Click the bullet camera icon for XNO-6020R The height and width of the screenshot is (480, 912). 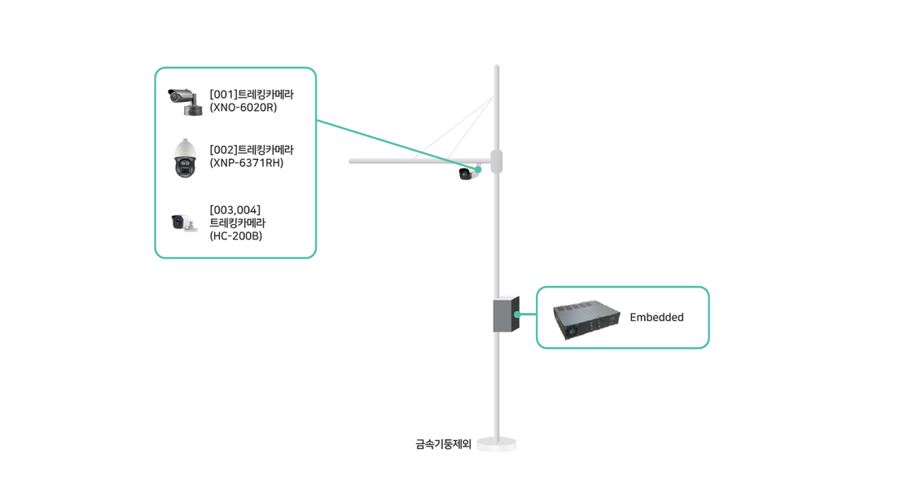(183, 101)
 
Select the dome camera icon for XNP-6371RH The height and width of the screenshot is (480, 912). (185, 158)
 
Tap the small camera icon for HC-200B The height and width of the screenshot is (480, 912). (183, 222)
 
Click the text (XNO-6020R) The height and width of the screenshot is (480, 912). (243, 108)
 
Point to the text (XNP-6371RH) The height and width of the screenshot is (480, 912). (246, 163)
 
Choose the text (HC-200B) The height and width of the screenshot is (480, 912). (235, 236)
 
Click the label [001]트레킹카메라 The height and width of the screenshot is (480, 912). (251, 95)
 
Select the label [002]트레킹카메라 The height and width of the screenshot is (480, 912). (251, 150)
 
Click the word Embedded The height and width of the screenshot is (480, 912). (656, 318)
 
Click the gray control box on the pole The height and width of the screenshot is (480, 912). (506, 315)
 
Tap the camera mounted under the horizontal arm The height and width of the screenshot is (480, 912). (467, 173)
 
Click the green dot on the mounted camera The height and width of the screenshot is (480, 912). (478, 170)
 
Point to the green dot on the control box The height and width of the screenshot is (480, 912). (517, 315)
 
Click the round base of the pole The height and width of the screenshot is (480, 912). (497, 444)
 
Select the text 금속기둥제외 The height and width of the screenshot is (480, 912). (443, 445)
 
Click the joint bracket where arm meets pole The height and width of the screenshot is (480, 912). (496, 161)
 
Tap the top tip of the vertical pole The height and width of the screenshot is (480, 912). (497, 68)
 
